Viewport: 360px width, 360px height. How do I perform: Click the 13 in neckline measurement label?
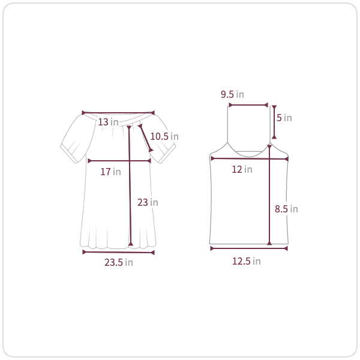(x=108, y=122)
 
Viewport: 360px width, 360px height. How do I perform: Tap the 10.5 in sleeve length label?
(x=164, y=136)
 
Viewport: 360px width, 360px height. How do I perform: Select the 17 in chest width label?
(x=110, y=172)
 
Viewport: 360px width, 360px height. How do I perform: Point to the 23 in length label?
(x=148, y=202)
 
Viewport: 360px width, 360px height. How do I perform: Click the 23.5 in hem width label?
(x=118, y=262)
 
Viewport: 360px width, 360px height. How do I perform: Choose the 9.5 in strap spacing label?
(x=232, y=94)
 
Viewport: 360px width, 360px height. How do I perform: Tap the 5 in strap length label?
(x=284, y=118)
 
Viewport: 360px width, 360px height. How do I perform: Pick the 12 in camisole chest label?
(x=242, y=169)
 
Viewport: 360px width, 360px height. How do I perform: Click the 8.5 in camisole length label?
(x=286, y=209)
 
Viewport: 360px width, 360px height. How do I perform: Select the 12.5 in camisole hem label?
(x=247, y=261)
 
